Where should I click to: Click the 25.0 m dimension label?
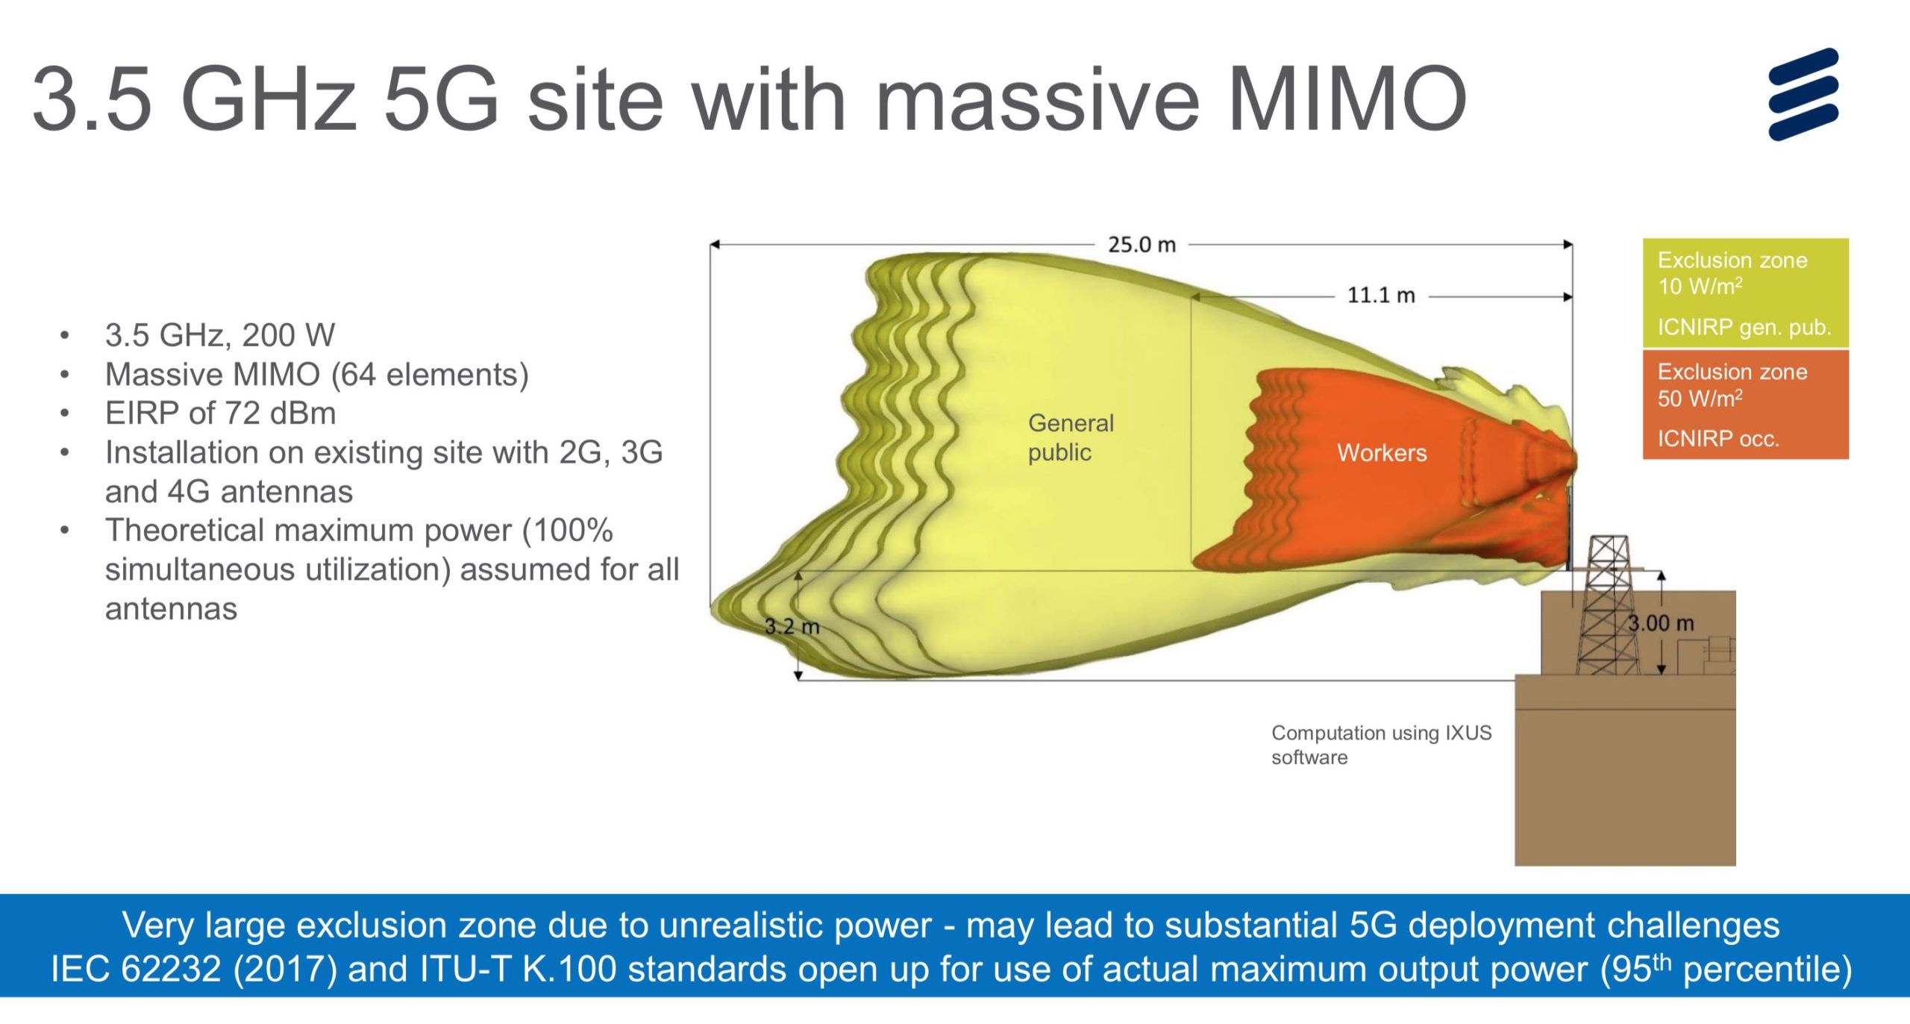click(x=1141, y=245)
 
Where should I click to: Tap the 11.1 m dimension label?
click(x=1380, y=296)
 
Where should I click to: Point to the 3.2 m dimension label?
click(x=792, y=626)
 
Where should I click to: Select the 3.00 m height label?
click(x=1661, y=623)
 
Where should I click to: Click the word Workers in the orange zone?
click(x=1381, y=453)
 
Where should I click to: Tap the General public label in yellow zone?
click(x=1070, y=437)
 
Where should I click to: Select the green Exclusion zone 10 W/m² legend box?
click(x=1745, y=293)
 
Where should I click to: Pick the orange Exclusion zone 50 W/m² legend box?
click(x=1745, y=405)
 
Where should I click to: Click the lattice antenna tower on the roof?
click(x=1608, y=605)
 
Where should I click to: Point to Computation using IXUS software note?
click(x=1380, y=744)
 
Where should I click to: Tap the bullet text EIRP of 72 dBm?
click(x=220, y=413)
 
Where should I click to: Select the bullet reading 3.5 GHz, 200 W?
click(x=220, y=335)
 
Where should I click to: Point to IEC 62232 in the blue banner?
click(x=137, y=970)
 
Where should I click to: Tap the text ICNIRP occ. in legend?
click(x=1718, y=439)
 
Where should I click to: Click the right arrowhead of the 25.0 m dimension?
click(x=1569, y=244)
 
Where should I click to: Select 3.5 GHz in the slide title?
click(x=194, y=99)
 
